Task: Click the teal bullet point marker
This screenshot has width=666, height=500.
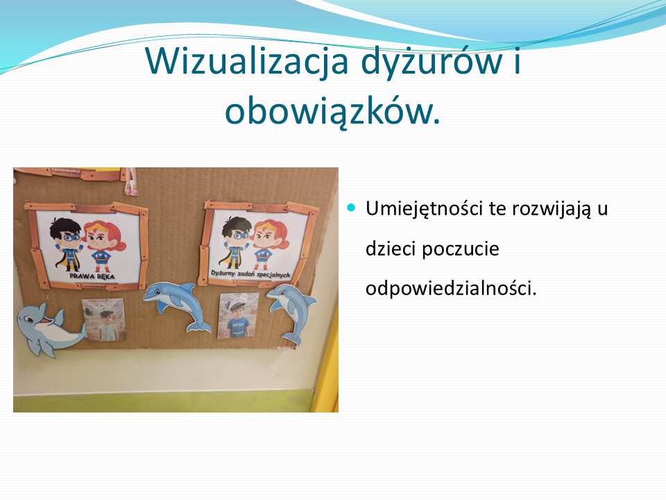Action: (x=351, y=208)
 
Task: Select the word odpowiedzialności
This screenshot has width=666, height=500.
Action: (x=451, y=288)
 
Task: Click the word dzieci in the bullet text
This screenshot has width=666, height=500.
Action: (x=391, y=249)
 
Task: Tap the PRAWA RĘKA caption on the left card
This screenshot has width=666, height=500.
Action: (x=92, y=276)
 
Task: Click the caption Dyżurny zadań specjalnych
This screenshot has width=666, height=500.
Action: (x=250, y=274)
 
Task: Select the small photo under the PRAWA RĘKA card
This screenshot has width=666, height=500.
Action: (x=104, y=320)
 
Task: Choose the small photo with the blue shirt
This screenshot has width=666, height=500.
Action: (x=238, y=316)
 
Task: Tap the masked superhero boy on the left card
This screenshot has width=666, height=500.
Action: (x=67, y=244)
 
